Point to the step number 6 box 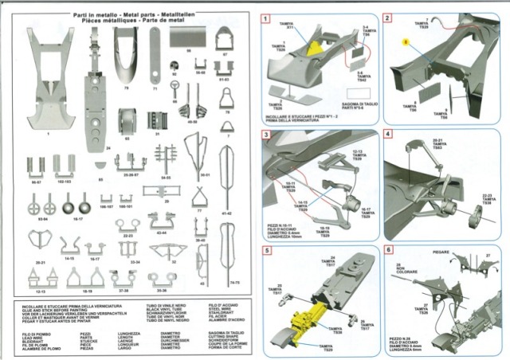(x=387, y=250)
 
